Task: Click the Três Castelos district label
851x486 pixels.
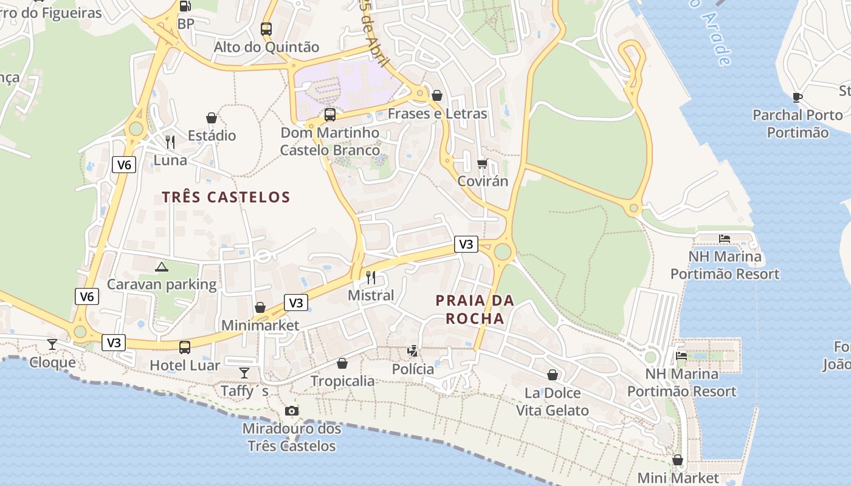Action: [226, 197]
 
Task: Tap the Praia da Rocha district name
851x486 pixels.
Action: [475, 309]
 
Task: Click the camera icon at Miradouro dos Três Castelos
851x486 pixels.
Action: [292, 411]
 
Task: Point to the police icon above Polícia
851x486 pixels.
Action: [413, 351]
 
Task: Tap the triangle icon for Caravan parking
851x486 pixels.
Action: [161, 266]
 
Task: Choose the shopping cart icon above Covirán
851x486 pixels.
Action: [483, 163]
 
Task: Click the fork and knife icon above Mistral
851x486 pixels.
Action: [371, 278]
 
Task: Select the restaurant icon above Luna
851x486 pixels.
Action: [170, 142]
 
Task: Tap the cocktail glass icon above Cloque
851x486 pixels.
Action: [52, 344]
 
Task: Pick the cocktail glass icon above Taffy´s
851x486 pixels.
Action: [244, 372]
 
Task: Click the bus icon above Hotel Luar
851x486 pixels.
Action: [185, 347]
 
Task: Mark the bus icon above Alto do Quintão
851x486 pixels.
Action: [266, 29]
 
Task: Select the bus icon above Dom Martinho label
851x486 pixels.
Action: [330, 114]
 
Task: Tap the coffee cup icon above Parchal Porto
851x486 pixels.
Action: [798, 97]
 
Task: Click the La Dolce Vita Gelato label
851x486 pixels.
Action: [552, 402]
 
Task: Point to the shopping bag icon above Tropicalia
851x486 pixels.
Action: [342, 363]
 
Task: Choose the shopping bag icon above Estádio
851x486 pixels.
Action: [212, 117]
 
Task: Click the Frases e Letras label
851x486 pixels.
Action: [437, 114]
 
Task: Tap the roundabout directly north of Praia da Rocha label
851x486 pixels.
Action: [502, 251]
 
